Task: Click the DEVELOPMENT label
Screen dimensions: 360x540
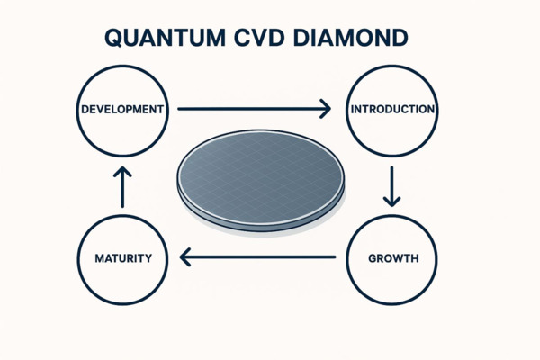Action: (x=121, y=110)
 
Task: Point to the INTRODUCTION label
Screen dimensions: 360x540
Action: (x=392, y=110)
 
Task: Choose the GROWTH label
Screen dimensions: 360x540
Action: (x=393, y=259)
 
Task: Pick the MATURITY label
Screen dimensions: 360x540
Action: (x=122, y=259)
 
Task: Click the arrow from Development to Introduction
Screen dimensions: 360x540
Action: (x=252, y=110)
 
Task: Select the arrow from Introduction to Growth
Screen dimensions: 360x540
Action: (x=391, y=185)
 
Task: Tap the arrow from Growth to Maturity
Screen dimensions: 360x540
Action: (x=258, y=259)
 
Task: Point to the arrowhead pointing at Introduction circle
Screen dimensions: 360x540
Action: (x=324, y=110)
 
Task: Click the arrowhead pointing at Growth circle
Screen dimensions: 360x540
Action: (x=391, y=200)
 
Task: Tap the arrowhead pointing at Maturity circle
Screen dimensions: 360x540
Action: (x=187, y=259)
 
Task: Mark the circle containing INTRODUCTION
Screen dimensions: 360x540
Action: (x=392, y=135)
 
